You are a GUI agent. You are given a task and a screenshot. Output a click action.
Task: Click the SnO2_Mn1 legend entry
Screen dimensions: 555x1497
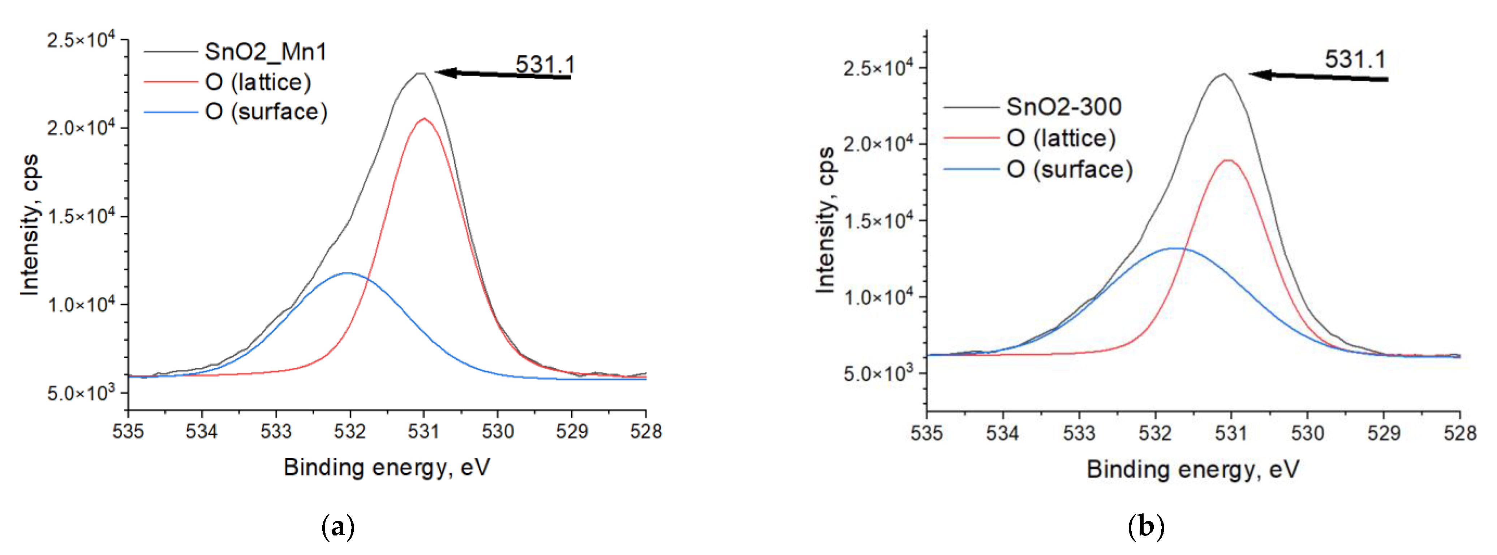[x=265, y=52]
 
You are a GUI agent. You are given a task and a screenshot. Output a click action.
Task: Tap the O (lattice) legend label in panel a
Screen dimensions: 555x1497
[x=257, y=82]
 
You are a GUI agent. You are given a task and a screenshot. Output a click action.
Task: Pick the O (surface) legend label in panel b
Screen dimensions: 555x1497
[x=1069, y=169]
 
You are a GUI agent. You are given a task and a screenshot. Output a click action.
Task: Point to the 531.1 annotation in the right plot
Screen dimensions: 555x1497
[x=1355, y=59]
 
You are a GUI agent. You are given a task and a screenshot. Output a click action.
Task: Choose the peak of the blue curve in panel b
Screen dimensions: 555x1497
[x=1175, y=248]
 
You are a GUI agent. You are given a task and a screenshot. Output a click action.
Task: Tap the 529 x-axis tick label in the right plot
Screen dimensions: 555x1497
[x=1383, y=434]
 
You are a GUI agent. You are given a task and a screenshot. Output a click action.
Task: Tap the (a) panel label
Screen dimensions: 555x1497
[x=337, y=527]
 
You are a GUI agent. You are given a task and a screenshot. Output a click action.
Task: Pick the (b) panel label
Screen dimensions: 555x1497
[x=1145, y=527]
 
